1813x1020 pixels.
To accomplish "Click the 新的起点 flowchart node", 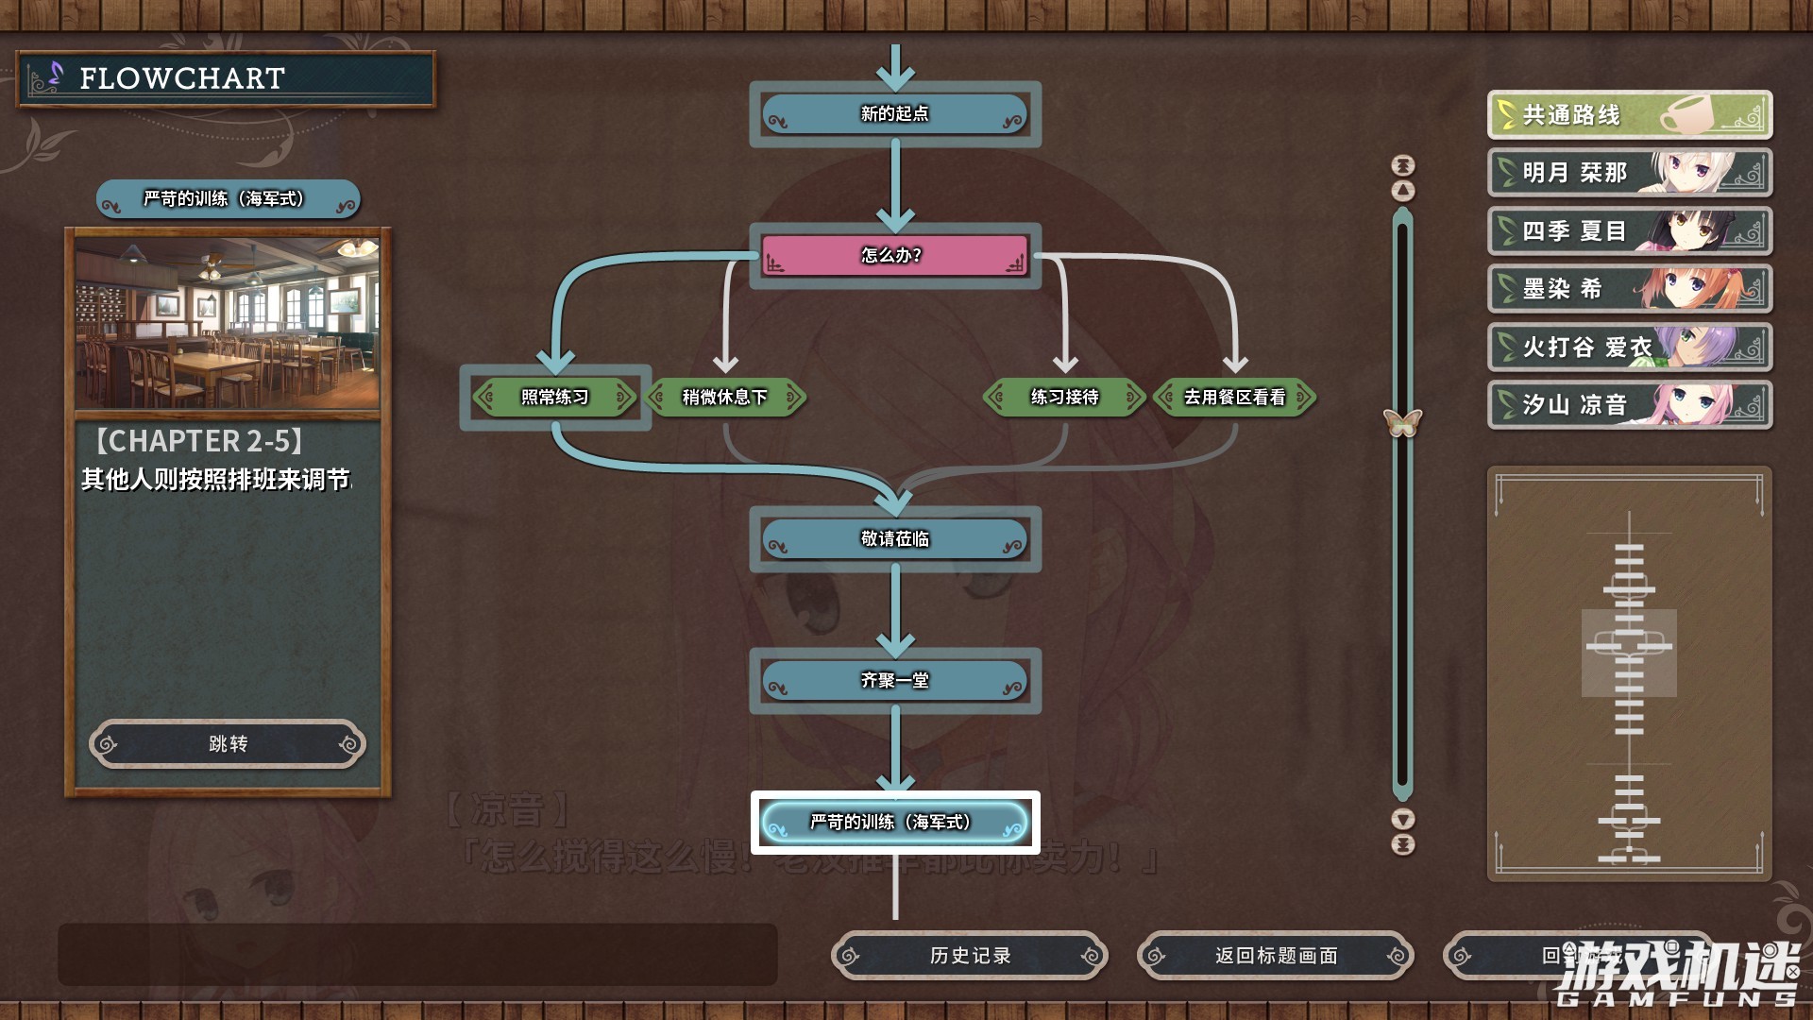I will (x=894, y=114).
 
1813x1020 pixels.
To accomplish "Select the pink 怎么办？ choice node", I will (x=894, y=255).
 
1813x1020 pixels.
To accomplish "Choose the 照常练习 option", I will (x=555, y=398).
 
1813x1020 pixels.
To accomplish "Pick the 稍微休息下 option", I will (x=725, y=398).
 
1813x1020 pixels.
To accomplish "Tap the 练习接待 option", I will (x=1064, y=398).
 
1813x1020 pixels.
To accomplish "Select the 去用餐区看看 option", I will (x=1234, y=398).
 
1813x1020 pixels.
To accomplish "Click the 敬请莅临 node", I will (x=894, y=539).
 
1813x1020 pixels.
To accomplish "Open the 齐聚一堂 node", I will (x=894, y=681).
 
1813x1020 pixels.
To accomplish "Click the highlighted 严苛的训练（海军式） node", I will (x=894, y=823).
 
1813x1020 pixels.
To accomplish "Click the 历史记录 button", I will (x=970, y=956).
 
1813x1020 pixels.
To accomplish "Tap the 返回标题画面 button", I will (x=1276, y=956).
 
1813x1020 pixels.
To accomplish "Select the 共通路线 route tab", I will (x=1629, y=115).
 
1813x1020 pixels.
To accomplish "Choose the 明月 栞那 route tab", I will (x=1629, y=173).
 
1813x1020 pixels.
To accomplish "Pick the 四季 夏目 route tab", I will (x=1629, y=231).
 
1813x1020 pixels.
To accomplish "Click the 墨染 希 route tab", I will (x=1629, y=289).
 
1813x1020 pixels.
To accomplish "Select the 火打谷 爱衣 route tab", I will (x=1629, y=348).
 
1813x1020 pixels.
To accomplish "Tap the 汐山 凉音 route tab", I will (x=1629, y=405).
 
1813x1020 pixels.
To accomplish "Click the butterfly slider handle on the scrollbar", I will (x=1403, y=422).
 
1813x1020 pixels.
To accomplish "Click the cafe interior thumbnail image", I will (x=228, y=323).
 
